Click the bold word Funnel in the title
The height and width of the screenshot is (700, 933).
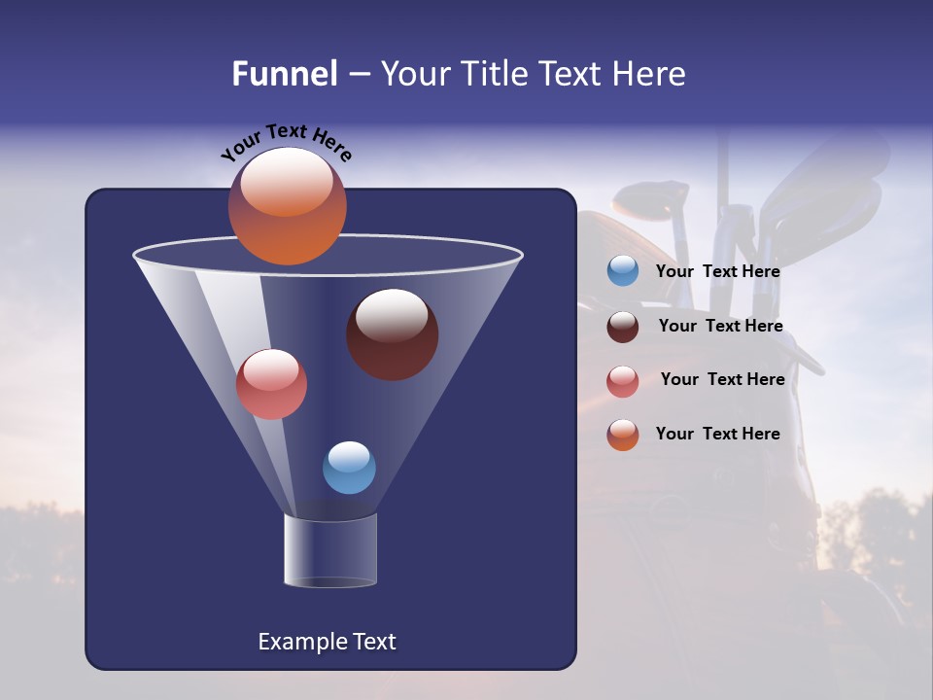coord(285,74)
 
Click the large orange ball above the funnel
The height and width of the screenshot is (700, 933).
coord(287,207)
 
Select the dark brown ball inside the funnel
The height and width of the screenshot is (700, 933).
coord(393,335)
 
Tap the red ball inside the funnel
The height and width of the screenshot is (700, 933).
coord(271,385)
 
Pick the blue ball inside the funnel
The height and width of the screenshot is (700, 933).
coord(349,468)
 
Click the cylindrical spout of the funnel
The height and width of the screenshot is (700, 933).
coord(330,550)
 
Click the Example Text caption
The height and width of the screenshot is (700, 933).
coord(327,642)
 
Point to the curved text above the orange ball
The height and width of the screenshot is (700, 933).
coord(286,141)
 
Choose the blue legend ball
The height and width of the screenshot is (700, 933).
coord(623,271)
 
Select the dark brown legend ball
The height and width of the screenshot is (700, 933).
coord(623,327)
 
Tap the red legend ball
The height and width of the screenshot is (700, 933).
coord(623,381)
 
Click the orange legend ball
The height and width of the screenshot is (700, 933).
coord(623,435)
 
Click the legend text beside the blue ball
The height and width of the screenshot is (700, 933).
coord(717,272)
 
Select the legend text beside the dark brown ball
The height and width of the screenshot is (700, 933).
coord(720,327)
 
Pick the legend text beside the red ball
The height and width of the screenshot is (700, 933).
coord(722,380)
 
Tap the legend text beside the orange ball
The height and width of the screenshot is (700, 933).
coord(717,435)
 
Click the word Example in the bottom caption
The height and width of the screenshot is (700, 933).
coord(296,642)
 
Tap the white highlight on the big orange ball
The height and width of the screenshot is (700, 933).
coord(286,182)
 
